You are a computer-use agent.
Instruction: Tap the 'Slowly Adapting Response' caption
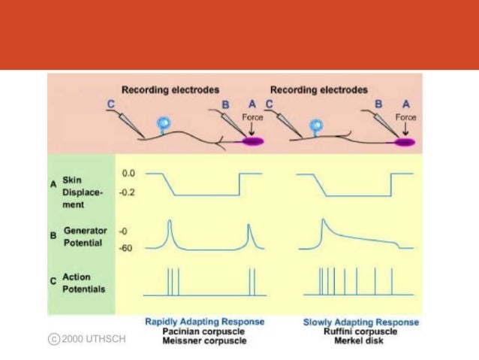pos(361,322)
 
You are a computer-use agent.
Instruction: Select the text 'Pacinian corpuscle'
pos(204,330)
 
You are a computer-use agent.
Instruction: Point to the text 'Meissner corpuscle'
pos(204,340)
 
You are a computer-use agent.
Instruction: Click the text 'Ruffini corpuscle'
pos(361,331)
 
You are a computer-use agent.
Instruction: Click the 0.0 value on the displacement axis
pos(128,174)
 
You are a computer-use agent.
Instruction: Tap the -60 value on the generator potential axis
pos(127,247)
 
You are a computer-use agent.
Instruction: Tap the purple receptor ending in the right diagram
pos(406,141)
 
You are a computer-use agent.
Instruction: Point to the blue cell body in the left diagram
pos(161,123)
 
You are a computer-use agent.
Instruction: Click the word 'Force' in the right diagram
pos(406,117)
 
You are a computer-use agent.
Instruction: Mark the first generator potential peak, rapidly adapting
pos(170,221)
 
